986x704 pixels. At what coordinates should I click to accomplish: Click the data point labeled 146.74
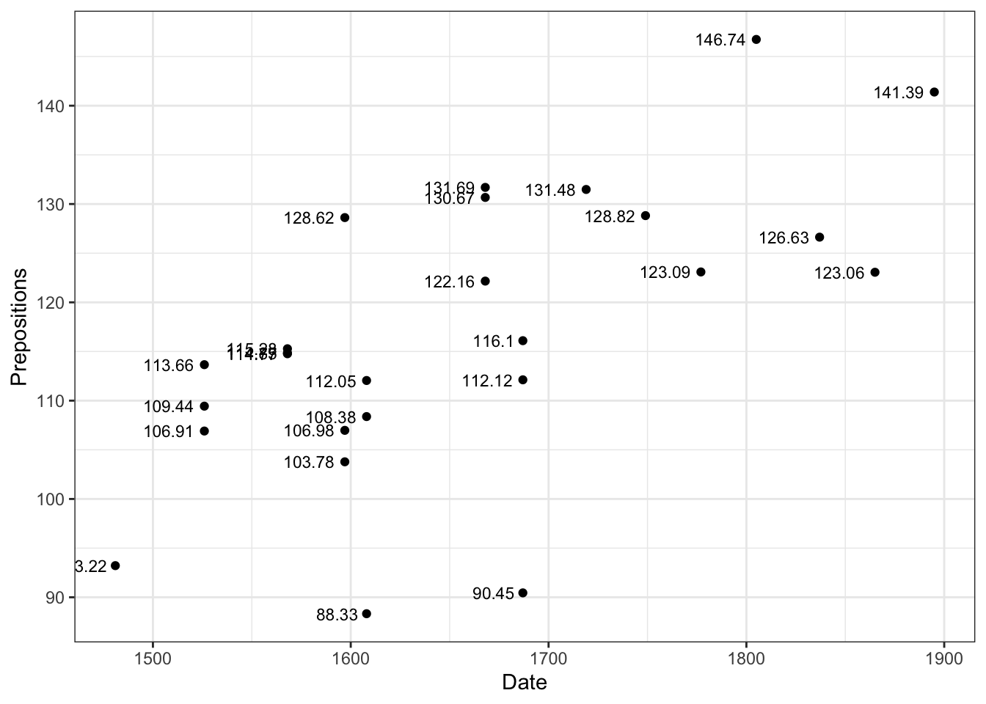(x=756, y=40)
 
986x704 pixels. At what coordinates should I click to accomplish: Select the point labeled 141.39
(x=934, y=92)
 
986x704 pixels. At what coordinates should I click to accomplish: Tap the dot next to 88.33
(x=367, y=614)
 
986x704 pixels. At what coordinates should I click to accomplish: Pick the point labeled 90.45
(x=522, y=593)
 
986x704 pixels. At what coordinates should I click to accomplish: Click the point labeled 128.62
(x=345, y=218)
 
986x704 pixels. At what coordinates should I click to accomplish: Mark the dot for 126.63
(x=819, y=238)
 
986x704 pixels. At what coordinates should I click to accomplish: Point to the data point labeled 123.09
(x=701, y=272)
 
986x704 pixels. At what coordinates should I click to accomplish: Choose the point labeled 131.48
(x=586, y=190)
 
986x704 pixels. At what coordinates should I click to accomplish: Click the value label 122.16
(x=450, y=282)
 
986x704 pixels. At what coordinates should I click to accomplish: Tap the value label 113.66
(x=169, y=365)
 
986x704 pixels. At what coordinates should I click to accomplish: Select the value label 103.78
(x=309, y=463)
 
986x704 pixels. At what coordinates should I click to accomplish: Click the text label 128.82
(x=610, y=217)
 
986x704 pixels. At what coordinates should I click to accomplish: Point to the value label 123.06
(x=839, y=274)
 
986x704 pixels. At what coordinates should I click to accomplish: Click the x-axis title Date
(x=524, y=683)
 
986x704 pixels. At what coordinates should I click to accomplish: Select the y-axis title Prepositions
(x=19, y=327)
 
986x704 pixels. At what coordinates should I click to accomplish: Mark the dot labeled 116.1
(x=522, y=341)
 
